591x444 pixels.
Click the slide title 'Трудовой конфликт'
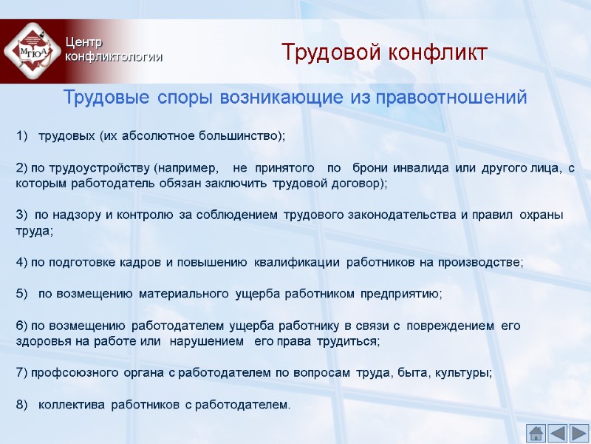[x=384, y=53]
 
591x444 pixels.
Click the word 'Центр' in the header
[x=81, y=43]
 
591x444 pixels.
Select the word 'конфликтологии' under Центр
[x=114, y=57]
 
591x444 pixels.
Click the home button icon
[x=536, y=433]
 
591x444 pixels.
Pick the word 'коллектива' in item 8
[x=72, y=405]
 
